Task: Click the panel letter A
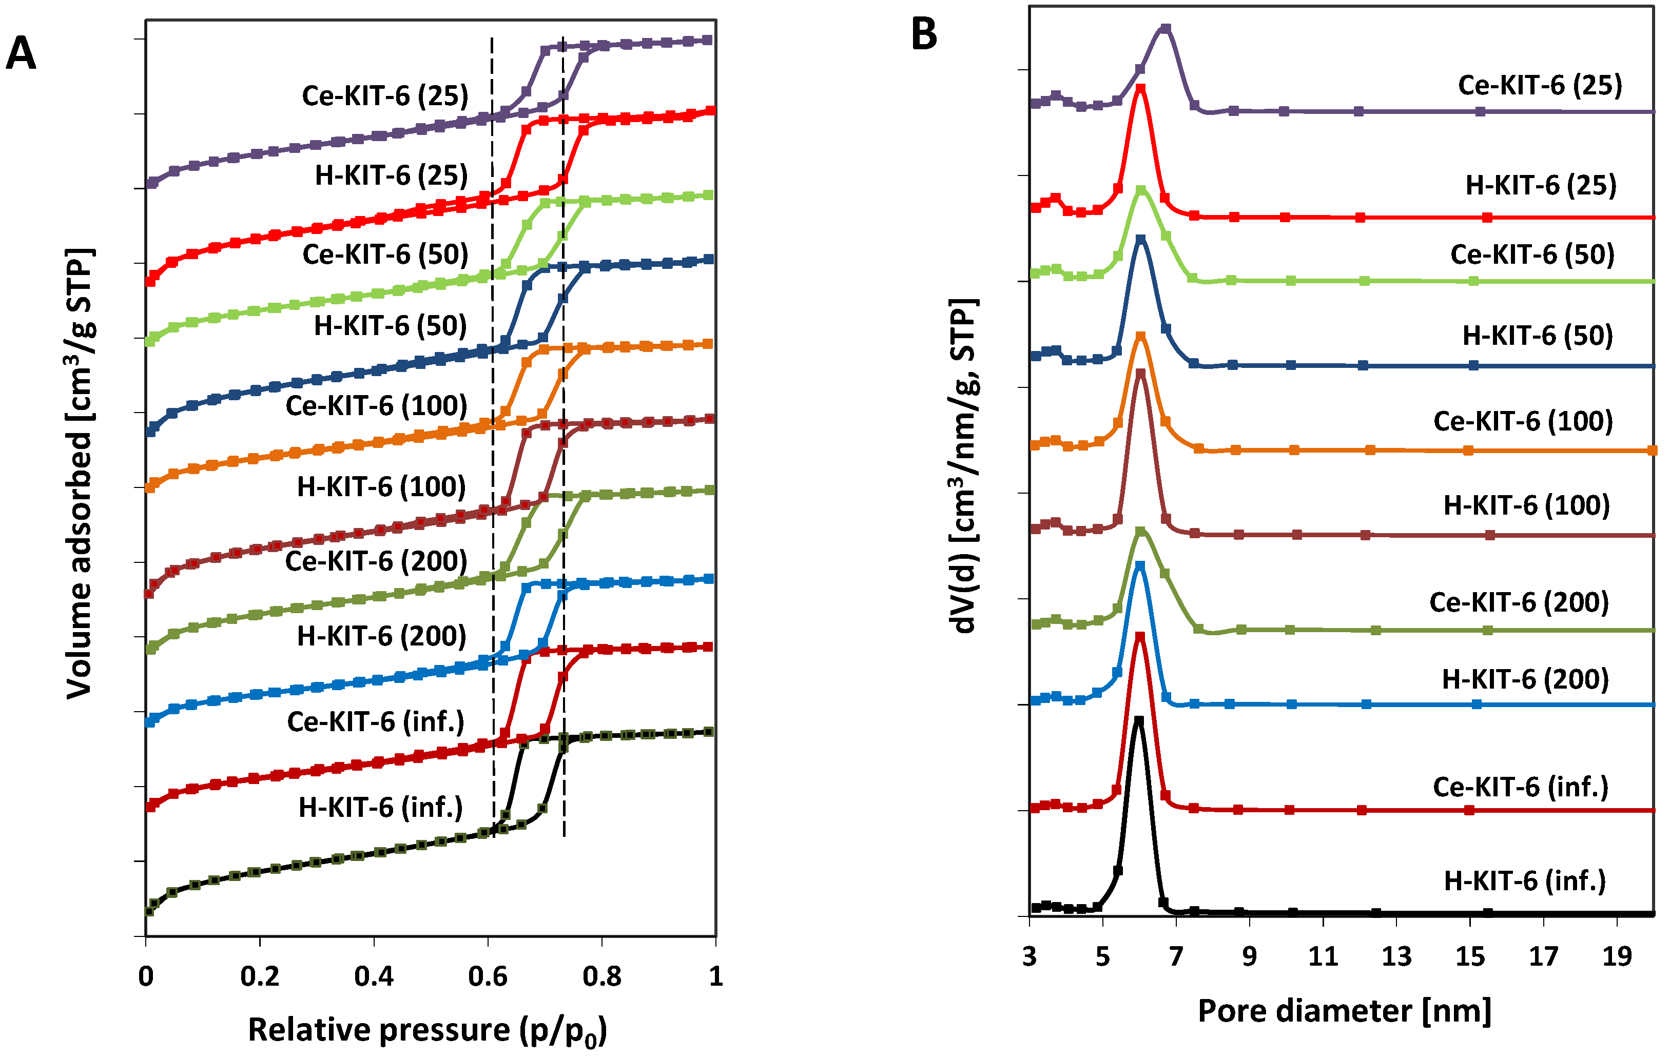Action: click(21, 53)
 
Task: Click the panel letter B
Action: click(924, 35)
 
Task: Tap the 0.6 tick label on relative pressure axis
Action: click(488, 976)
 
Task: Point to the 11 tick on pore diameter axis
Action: click(1323, 956)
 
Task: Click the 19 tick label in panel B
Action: click(1617, 956)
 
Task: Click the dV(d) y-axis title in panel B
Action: click(963, 466)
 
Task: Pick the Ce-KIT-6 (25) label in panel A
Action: click(385, 96)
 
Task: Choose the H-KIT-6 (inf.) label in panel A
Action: click(381, 807)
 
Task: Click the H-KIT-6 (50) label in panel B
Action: click(1538, 336)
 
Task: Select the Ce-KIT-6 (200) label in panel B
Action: click(1519, 602)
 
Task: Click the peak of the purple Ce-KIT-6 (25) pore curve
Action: click(1166, 28)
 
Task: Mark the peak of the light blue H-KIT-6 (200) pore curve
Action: click(1139, 565)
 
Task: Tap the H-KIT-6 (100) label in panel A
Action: click(381, 487)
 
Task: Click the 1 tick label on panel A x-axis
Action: click(715, 976)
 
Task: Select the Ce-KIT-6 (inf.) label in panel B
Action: click(1520, 787)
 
